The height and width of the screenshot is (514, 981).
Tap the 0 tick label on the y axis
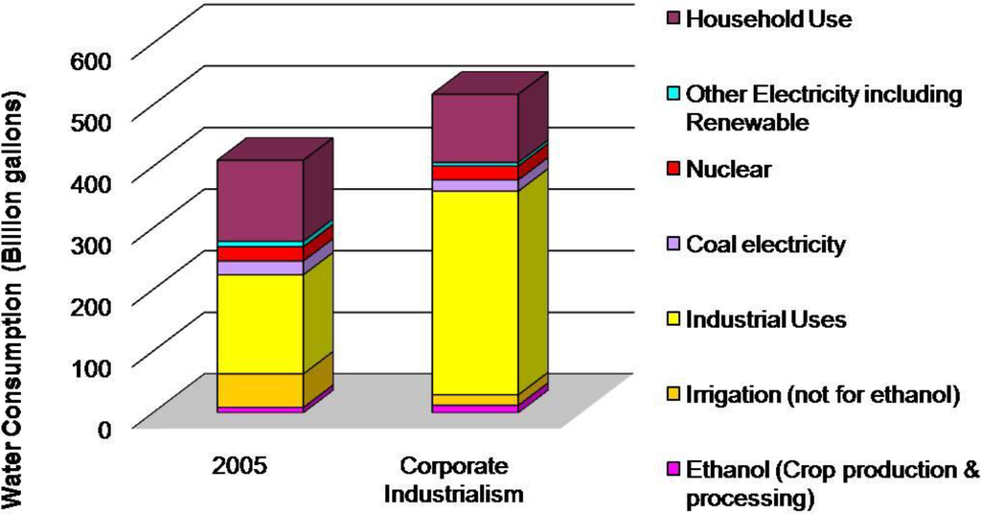tap(106, 427)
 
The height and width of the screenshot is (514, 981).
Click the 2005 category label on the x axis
tap(240, 468)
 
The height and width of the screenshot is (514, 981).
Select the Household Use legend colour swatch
tap(673, 18)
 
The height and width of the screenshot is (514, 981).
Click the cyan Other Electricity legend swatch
tap(673, 94)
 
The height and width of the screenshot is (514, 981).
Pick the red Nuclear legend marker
tap(673, 170)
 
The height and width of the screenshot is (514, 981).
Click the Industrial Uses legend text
tap(767, 318)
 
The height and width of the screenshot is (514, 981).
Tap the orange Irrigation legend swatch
tap(673, 394)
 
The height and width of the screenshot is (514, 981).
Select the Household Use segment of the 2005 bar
tap(260, 200)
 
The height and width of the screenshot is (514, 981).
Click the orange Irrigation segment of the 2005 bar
tap(260, 389)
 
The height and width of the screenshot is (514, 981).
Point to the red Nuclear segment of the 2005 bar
tap(260, 254)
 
